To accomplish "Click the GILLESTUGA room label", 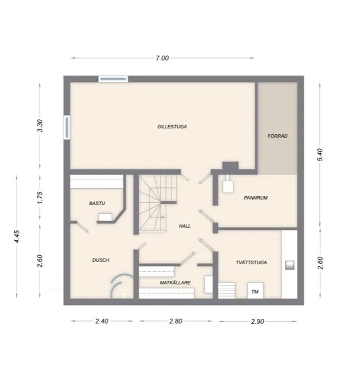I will pos(173,127).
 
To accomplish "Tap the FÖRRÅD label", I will pos(277,136).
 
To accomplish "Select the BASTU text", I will pos(97,204).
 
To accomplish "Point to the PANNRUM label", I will pos(256,198).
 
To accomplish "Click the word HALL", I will pos(185,226).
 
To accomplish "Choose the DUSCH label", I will pos(101,260).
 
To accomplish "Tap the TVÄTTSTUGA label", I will pos(251,263).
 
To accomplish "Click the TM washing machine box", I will pos(255,291).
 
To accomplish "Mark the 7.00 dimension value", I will pos(163,58).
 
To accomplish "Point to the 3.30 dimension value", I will pos(40,126).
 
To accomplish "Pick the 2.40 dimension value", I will pos(101,322).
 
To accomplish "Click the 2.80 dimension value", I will pos(175,322).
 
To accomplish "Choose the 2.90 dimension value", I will pos(257,322).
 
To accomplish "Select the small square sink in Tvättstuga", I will pos(289,264).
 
